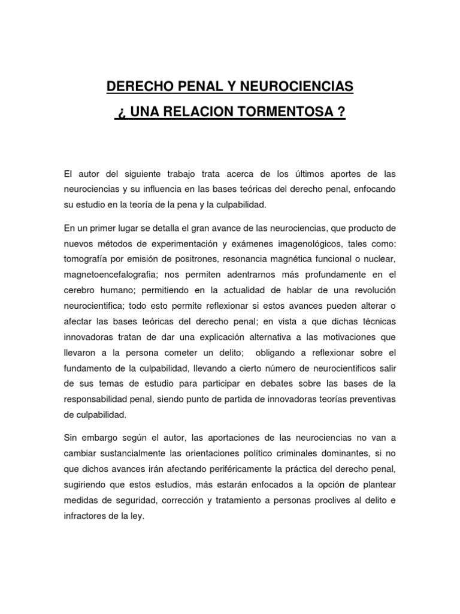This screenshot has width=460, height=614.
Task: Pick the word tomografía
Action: pos(90,259)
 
